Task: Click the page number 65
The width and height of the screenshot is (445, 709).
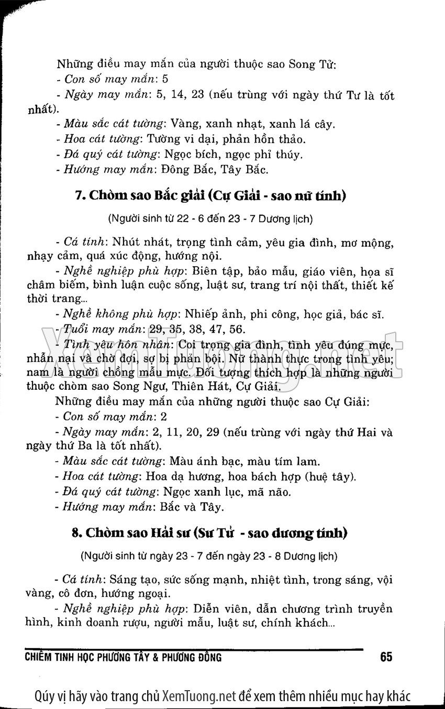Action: pos(386,657)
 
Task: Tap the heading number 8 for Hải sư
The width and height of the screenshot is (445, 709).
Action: pos(75,533)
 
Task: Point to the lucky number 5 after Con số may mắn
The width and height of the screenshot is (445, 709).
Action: pos(165,80)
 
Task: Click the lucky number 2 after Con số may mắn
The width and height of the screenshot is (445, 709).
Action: pos(164,417)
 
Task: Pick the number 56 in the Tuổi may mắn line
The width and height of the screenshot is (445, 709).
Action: pos(237,329)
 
